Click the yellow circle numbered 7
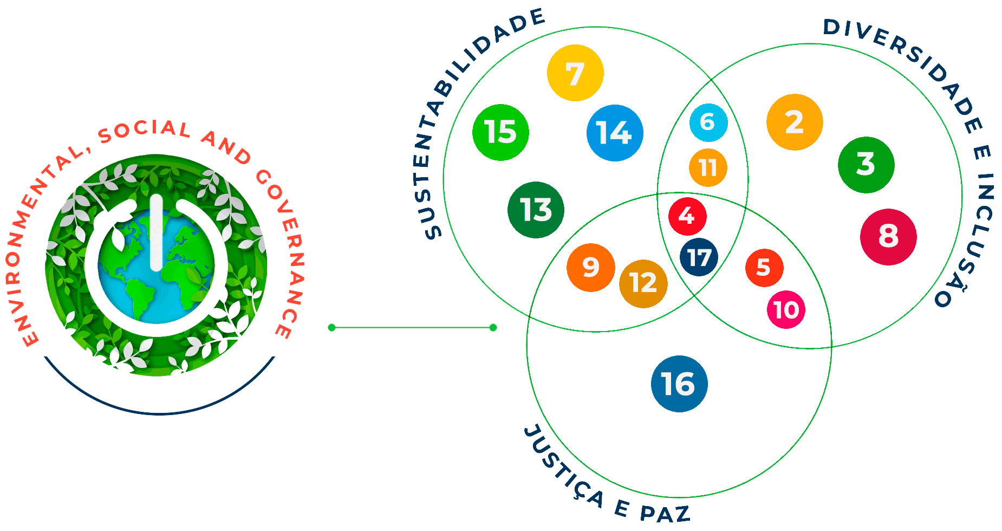[575, 73]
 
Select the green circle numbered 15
[500, 132]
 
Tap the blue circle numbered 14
[615, 133]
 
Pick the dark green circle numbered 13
[536, 210]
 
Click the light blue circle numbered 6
[708, 122]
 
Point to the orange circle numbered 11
[708, 167]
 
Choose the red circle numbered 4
[687, 216]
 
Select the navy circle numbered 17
[699, 257]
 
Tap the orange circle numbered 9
[590, 267]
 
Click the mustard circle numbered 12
[643, 283]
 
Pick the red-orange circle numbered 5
[764, 267]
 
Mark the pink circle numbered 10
[786, 310]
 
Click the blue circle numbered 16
[679, 384]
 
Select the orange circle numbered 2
[795, 122]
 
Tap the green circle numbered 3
[866, 165]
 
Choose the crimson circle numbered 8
[888, 237]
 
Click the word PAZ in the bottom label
[665, 513]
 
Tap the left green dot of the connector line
[332, 327]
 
